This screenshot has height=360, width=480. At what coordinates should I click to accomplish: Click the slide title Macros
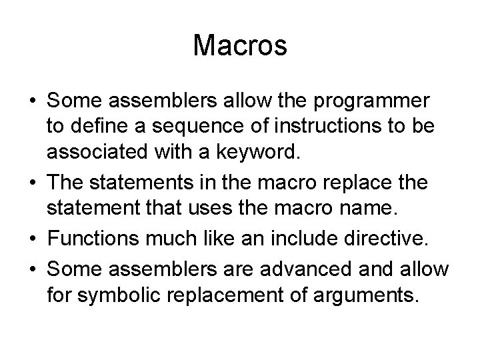(240, 46)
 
